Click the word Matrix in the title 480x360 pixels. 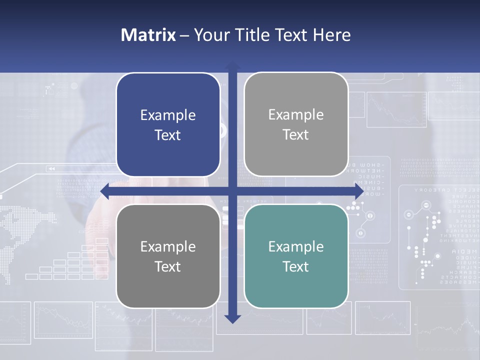[148, 35]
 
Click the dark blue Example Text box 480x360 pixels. [168, 124]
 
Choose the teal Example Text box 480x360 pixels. [296, 256]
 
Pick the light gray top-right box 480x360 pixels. [296, 124]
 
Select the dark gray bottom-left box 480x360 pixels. [168, 256]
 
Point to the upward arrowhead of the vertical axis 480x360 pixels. [232, 66]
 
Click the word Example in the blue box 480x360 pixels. [168, 115]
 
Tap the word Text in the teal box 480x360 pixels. [296, 266]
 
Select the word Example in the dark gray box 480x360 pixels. [168, 246]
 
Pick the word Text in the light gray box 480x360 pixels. [296, 134]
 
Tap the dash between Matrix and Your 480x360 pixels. [184, 35]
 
